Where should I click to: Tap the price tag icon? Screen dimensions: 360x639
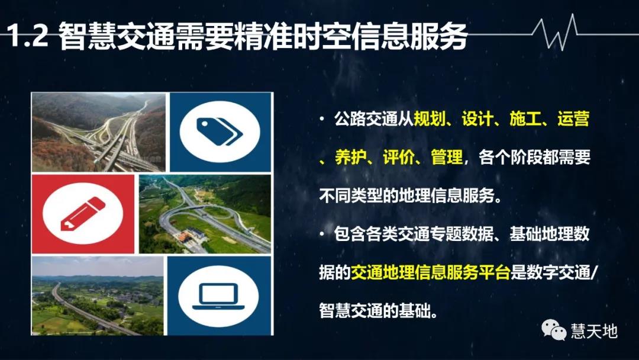point(220,132)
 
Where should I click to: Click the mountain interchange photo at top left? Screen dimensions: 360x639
point(98,132)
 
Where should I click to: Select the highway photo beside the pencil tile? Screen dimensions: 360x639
point(205,215)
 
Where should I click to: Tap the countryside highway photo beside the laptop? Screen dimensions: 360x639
point(98,296)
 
